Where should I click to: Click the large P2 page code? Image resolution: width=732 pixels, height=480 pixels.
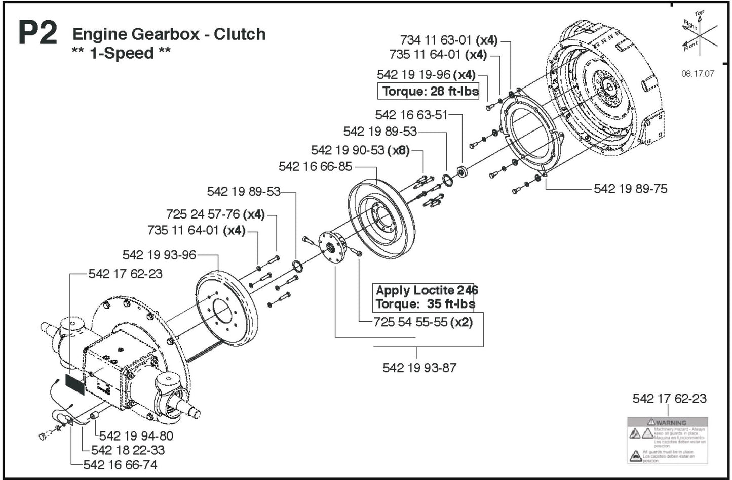pos(37,35)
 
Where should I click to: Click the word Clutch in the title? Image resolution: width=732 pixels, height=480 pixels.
pos(240,34)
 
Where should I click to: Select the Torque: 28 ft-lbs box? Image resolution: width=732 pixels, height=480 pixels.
pos(429,91)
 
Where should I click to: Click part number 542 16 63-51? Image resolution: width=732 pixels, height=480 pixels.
pos(411,115)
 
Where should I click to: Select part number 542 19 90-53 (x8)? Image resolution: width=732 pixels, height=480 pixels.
pos(360,150)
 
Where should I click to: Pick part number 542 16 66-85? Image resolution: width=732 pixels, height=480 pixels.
pos(315,166)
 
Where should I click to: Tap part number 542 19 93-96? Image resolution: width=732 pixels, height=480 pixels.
pos(159,255)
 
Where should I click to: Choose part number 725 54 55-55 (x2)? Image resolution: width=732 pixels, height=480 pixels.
pos(422,322)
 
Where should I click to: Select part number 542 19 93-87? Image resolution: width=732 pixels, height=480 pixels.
pos(419,368)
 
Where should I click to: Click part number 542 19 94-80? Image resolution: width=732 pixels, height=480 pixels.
pos(136,435)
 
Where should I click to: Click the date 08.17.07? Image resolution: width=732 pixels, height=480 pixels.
pos(698,73)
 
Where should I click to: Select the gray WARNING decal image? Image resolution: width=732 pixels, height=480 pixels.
pos(668,440)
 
